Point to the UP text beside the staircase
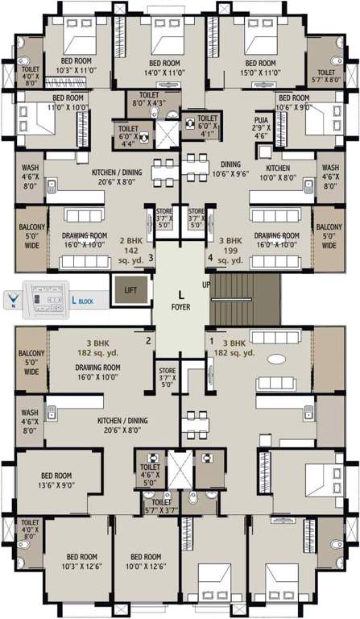[205, 285]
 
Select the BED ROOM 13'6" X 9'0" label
[57, 480]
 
